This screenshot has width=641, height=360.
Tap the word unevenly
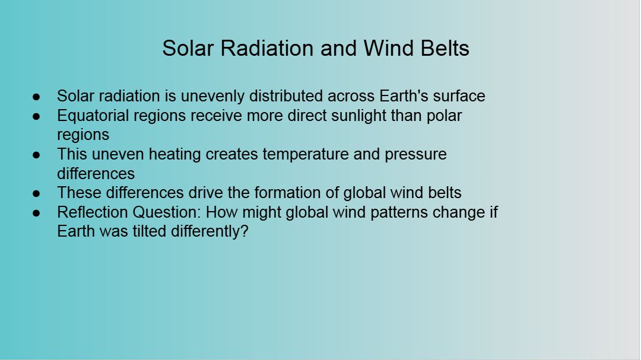212,97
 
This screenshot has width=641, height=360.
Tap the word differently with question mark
210,232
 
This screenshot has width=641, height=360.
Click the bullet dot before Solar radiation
36,97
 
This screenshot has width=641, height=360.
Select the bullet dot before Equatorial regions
36,116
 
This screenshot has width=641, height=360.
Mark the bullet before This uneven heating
36,155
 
